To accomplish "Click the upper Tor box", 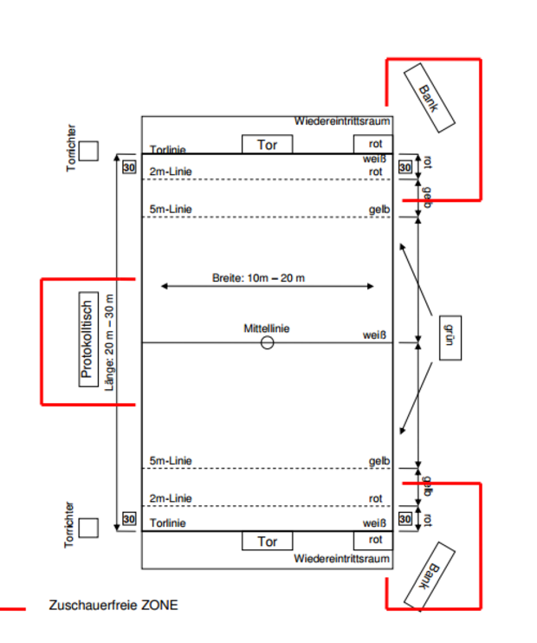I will [267, 145].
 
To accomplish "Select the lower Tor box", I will [268, 542].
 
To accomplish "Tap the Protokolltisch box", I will [87, 339].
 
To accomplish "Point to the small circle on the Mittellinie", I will [267, 342].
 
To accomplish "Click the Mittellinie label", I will [267, 328].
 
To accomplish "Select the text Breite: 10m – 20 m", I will [259, 277].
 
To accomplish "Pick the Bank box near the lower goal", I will [430, 577].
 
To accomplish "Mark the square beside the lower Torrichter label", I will [88, 527].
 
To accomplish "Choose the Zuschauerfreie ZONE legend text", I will [113, 605].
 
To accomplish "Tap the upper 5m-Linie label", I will [171, 209].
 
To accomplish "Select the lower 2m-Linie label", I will [171, 498].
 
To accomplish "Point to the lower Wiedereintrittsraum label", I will [342, 559].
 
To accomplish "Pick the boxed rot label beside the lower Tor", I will [375, 540].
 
